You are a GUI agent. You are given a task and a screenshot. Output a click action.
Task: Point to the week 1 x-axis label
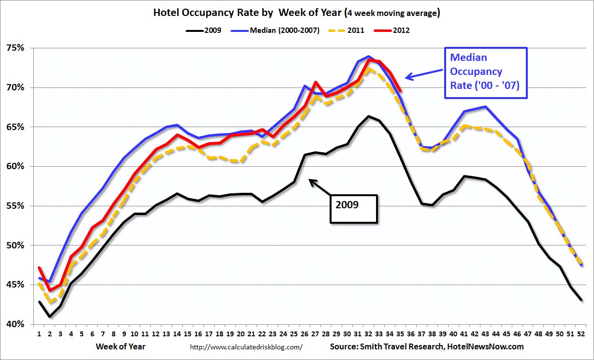click(39, 334)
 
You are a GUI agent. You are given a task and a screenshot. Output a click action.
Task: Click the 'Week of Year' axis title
click(120, 346)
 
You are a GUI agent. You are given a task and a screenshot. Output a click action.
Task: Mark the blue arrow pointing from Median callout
click(423, 74)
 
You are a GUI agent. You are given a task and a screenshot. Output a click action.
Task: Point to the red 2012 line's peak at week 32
click(369, 60)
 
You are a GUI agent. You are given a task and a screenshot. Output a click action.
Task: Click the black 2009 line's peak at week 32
click(369, 116)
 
